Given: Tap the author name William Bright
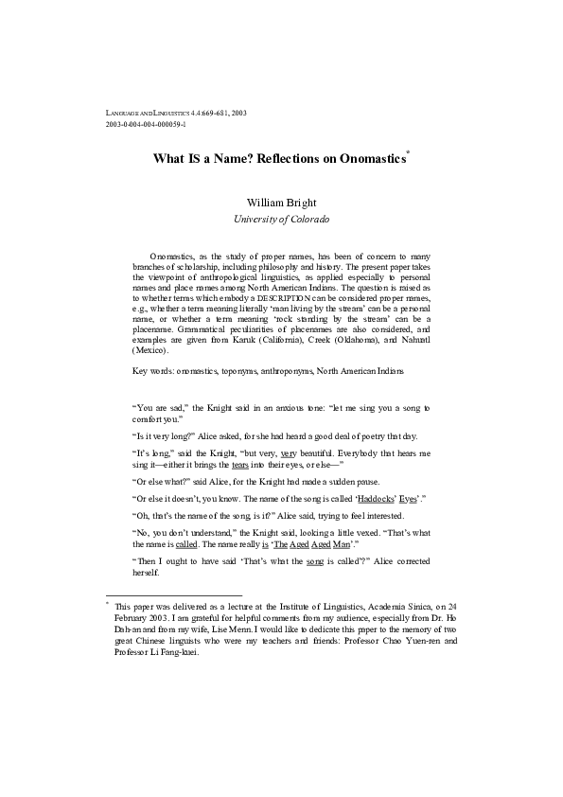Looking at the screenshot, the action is [x=281, y=202].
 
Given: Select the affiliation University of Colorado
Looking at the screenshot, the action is [x=281, y=219].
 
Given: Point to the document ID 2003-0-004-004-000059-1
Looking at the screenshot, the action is [x=147, y=124].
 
